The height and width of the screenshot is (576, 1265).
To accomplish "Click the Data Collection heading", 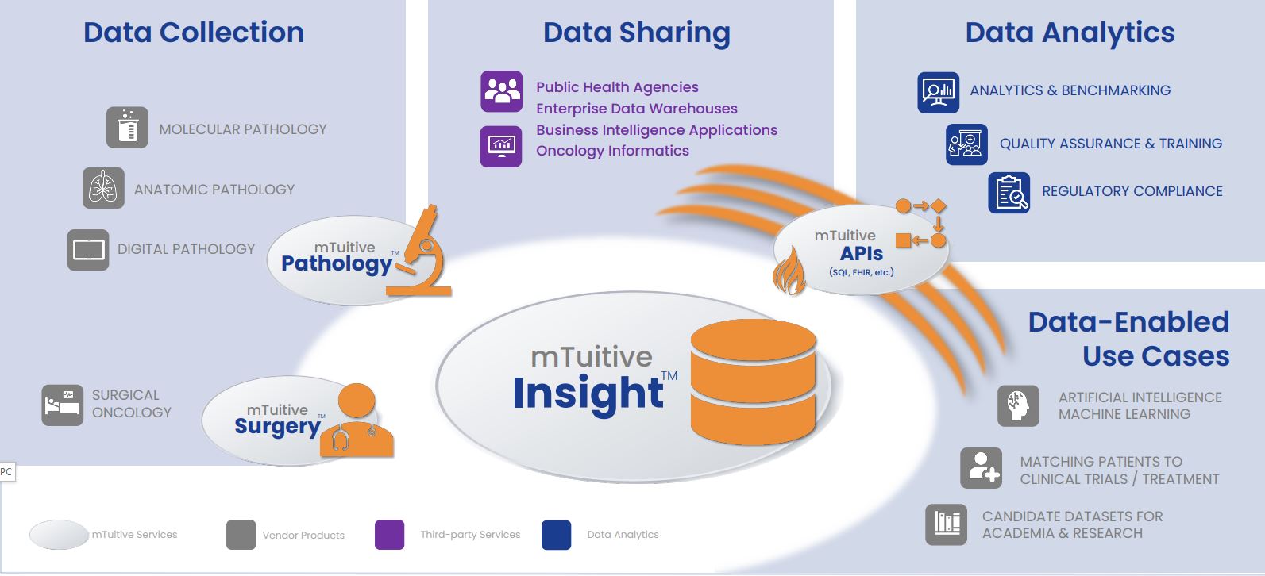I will coord(194,33).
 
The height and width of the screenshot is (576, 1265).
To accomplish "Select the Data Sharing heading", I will coord(636,33).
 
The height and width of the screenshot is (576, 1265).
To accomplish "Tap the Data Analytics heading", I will coord(1070,33).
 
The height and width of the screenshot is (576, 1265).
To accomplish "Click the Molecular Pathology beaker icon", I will coord(127,128).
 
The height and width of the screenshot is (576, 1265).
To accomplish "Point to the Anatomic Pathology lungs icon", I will coord(103,188).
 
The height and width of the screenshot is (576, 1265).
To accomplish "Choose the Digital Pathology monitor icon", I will coord(88,250).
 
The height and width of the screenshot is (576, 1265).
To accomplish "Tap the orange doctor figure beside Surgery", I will coord(357,421).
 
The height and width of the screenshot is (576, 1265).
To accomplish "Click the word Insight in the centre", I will coord(588,394).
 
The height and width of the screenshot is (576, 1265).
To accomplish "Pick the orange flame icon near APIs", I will coord(789,271).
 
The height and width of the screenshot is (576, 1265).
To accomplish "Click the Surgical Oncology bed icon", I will coord(63,405).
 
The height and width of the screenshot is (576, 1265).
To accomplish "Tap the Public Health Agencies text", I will coord(617,87).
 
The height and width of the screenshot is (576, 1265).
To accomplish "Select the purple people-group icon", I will coord(501,91).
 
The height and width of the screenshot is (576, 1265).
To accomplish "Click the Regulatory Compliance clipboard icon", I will coord(1009,193).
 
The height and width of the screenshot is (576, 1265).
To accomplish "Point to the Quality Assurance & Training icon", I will coord(966,144).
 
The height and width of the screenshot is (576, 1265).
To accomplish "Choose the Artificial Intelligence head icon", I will coord(1018,405).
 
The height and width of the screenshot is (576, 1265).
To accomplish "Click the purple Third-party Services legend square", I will coord(389,535).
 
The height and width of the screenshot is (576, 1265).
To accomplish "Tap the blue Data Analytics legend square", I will coord(556,535).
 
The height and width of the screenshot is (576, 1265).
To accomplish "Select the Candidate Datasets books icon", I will coord(946,524).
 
